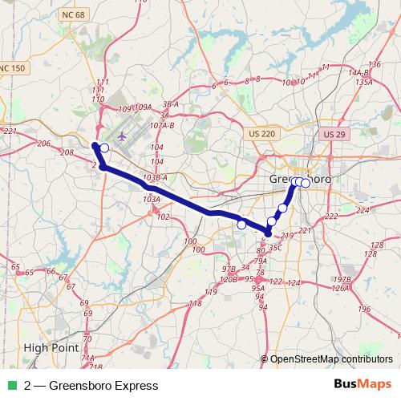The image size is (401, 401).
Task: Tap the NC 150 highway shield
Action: (x=14, y=69)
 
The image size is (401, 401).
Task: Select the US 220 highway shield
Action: (x=262, y=134)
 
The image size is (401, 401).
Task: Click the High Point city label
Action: (x=51, y=348)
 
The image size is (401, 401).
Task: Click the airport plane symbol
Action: (x=123, y=136)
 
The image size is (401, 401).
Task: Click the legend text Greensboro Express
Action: (x=91, y=386)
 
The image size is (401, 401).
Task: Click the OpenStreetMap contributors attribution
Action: (x=331, y=358)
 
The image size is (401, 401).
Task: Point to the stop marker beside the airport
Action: (x=104, y=148)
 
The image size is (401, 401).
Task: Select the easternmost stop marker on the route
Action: (x=306, y=183)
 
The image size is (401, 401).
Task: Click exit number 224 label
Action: (x=363, y=210)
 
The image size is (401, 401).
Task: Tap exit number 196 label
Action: (x=365, y=309)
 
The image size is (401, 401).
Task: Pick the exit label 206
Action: (x=43, y=143)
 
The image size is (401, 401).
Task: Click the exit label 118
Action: (x=195, y=303)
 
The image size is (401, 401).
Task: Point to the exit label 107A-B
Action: (x=162, y=125)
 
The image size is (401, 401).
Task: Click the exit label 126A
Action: (x=340, y=287)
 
